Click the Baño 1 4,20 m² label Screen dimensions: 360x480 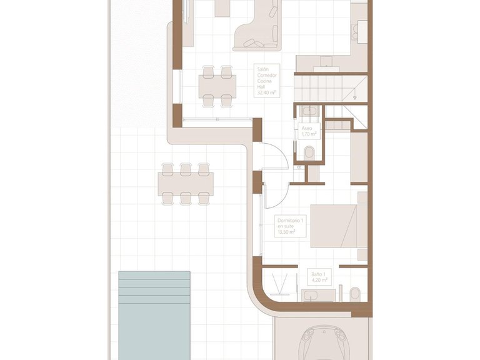point(319,277)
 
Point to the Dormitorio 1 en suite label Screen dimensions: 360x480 point(290,226)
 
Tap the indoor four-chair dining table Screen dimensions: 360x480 point(217,84)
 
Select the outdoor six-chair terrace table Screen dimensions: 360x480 point(185,184)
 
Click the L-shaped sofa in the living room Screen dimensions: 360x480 point(257,31)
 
